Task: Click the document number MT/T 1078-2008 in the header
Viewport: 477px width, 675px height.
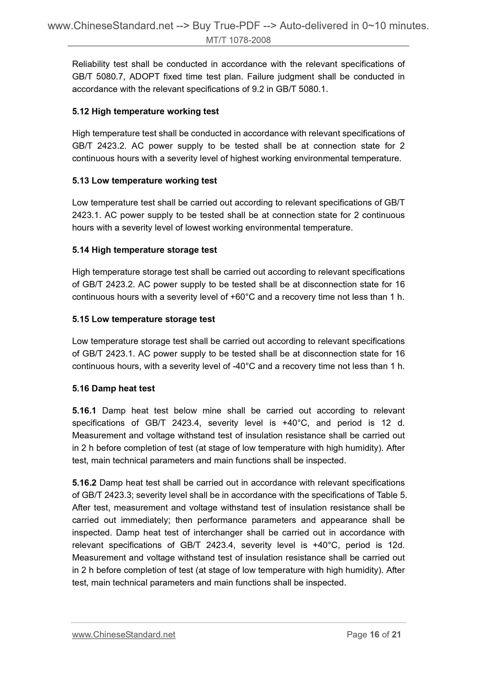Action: point(238,40)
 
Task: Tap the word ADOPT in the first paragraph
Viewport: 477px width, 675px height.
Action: point(145,77)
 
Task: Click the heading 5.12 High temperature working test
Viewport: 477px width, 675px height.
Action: point(145,112)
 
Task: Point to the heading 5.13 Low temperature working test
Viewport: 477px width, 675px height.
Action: point(144,181)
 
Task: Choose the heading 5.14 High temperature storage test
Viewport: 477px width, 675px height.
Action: point(144,250)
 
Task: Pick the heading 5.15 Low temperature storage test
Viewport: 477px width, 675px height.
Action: point(143,319)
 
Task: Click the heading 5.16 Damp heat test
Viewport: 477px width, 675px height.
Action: point(113,388)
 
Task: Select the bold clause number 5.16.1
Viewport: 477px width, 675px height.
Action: point(84,411)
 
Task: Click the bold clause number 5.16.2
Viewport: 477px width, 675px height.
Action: point(84,483)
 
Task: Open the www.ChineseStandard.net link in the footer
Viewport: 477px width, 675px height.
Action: point(123,635)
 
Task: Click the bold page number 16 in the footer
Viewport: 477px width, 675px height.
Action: point(374,635)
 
